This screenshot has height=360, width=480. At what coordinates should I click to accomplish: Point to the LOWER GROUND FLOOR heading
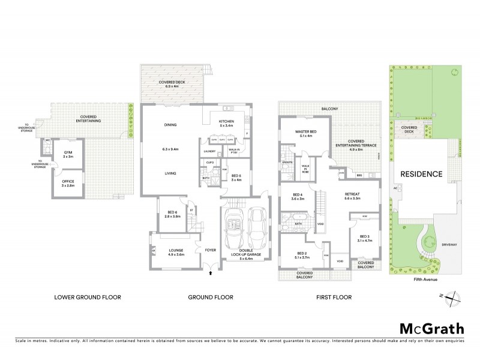pos(88,297)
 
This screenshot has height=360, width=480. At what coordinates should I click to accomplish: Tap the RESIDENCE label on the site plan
pos(422,174)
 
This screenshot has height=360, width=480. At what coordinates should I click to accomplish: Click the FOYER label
pos(211,250)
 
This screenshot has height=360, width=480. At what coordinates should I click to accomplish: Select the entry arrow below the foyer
pos(211,274)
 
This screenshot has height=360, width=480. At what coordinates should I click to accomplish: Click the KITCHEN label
pos(229,123)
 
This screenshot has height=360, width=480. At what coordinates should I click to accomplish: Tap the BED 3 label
pos(365,237)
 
